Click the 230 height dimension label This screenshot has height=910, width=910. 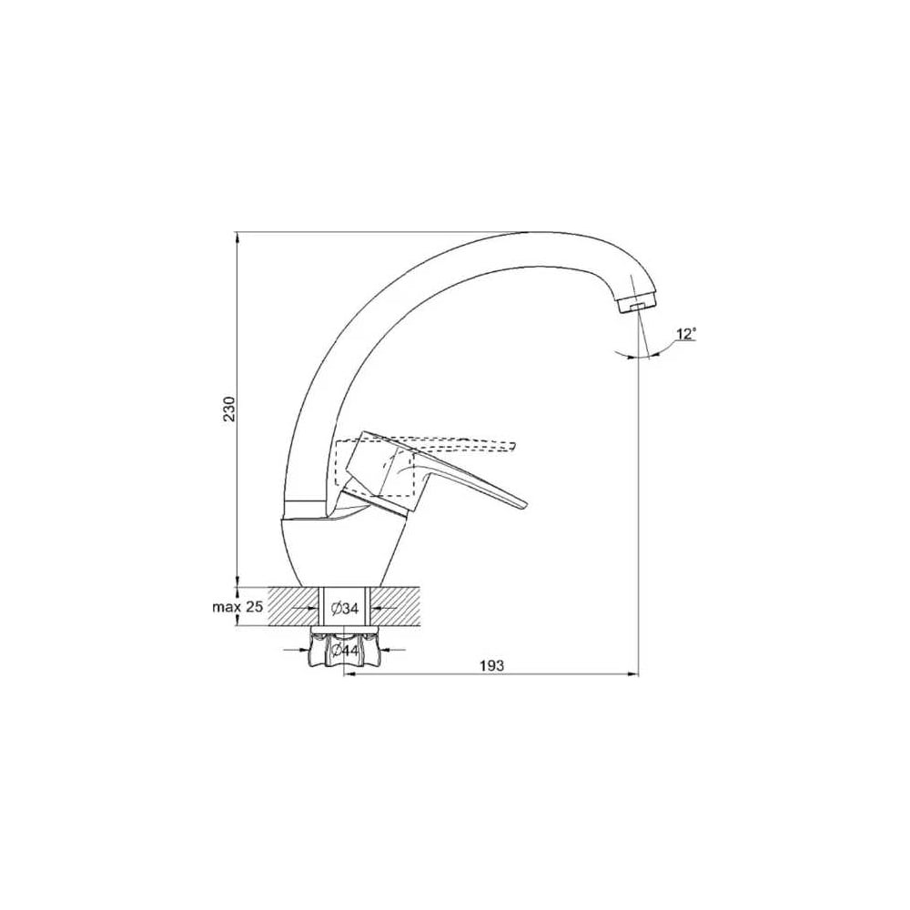coord(230,409)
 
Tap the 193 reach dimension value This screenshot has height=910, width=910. coord(491,666)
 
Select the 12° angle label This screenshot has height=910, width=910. coord(686,334)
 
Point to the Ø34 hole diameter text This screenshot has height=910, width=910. coord(345,609)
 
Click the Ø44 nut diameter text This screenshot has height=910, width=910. coord(344,652)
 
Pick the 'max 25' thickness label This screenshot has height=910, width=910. coord(238,608)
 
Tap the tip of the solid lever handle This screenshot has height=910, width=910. coord(525,504)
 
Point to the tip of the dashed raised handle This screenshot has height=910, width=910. coord(514,446)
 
